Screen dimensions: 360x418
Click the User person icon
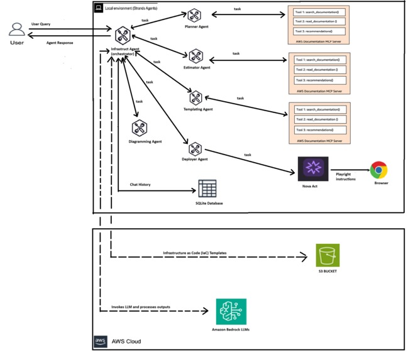tap(17, 30)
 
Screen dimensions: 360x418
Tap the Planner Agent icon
tap(194, 16)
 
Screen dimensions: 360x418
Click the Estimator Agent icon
tap(195, 58)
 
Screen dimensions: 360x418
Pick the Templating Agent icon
tap(195, 98)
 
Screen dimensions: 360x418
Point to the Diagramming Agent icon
tap(140, 129)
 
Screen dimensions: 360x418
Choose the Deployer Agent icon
tap(195, 149)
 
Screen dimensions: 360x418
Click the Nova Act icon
tap(312, 169)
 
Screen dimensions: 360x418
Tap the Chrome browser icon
tap(378, 170)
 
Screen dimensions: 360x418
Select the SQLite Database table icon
tap(207, 188)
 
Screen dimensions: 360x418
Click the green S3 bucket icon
tap(327, 256)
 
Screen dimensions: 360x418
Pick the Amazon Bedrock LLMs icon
tap(231, 312)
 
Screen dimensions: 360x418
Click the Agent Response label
tap(60, 43)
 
